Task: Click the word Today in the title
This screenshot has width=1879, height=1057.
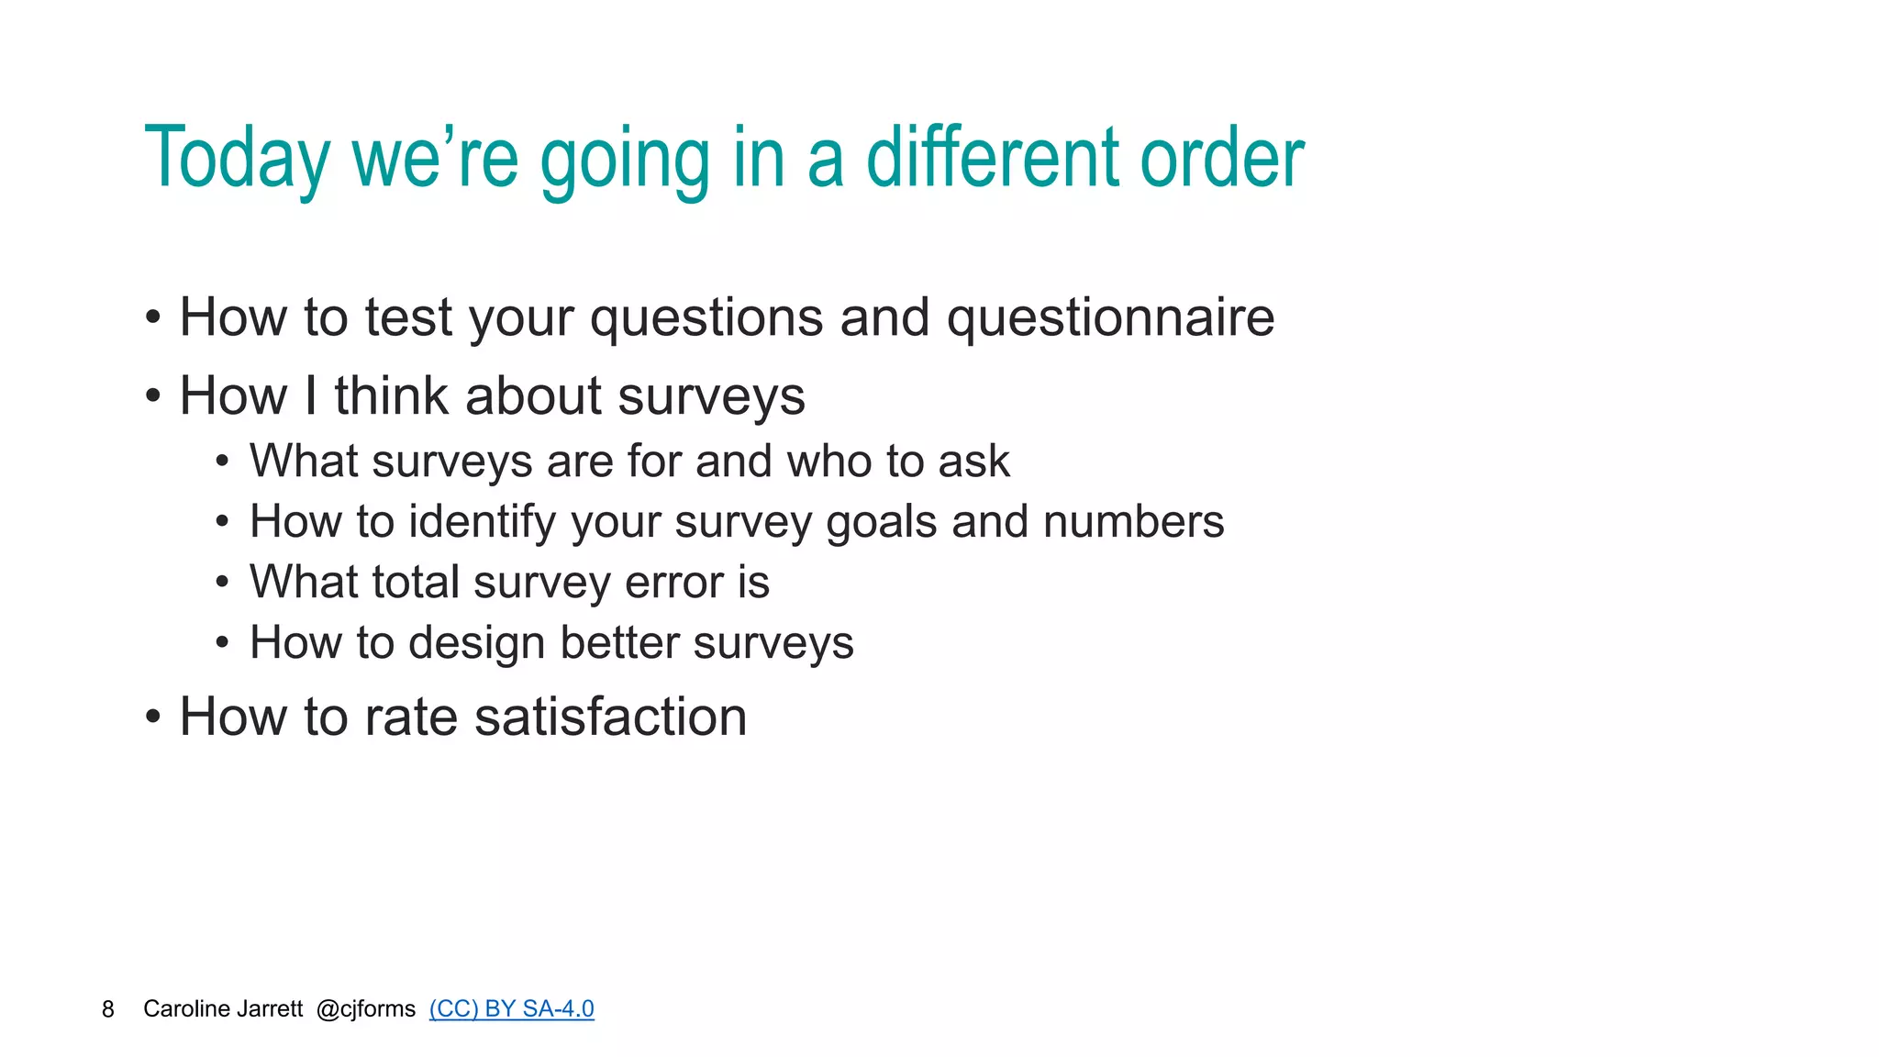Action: [x=237, y=160]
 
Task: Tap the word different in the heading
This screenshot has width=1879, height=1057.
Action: [x=993, y=158]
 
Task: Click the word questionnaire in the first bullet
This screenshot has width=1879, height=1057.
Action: [x=1110, y=318]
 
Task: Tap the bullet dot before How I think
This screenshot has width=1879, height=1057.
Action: [x=153, y=397]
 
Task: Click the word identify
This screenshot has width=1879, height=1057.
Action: [x=482, y=522]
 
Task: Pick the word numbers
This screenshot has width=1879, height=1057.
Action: [x=1133, y=522]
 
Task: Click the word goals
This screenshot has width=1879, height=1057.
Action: [x=881, y=522]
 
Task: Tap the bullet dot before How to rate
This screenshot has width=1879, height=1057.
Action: [x=153, y=717]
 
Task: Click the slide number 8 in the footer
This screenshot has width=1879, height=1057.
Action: [x=108, y=1009]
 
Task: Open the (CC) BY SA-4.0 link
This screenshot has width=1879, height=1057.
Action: [x=511, y=1008]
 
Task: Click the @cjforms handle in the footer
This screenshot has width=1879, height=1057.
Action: [x=365, y=1009]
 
